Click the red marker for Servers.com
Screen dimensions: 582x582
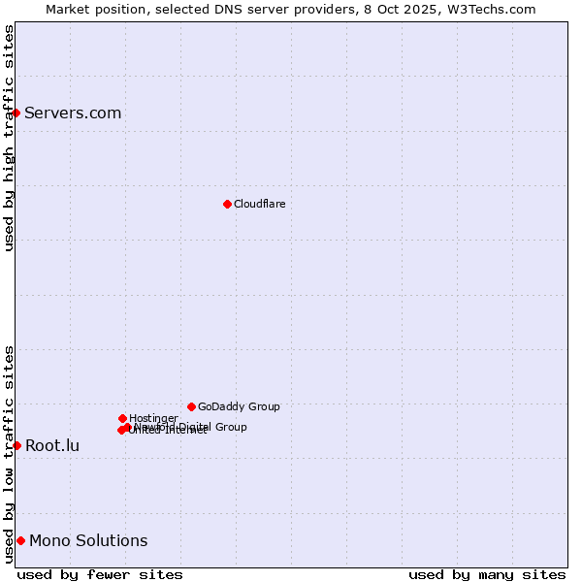(16, 113)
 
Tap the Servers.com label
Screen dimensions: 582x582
(73, 113)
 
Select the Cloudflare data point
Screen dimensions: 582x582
(227, 204)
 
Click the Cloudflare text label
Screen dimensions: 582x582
(259, 204)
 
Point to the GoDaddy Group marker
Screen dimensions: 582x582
(191, 406)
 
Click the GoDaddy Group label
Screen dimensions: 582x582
(239, 406)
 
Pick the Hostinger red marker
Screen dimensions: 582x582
(122, 418)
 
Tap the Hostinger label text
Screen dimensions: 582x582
(153, 418)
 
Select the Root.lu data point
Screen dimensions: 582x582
(16, 445)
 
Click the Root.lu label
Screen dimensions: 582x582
(52, 446)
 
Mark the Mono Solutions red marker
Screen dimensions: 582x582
(20, 540)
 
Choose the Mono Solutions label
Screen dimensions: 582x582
(88, 541)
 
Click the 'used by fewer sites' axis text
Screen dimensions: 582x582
(100, 574)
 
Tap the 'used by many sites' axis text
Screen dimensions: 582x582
(487, 574)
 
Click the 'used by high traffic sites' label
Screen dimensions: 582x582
(9, 138)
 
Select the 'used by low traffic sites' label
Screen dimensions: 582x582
(9, 454)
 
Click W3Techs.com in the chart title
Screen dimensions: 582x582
(496, 9)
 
